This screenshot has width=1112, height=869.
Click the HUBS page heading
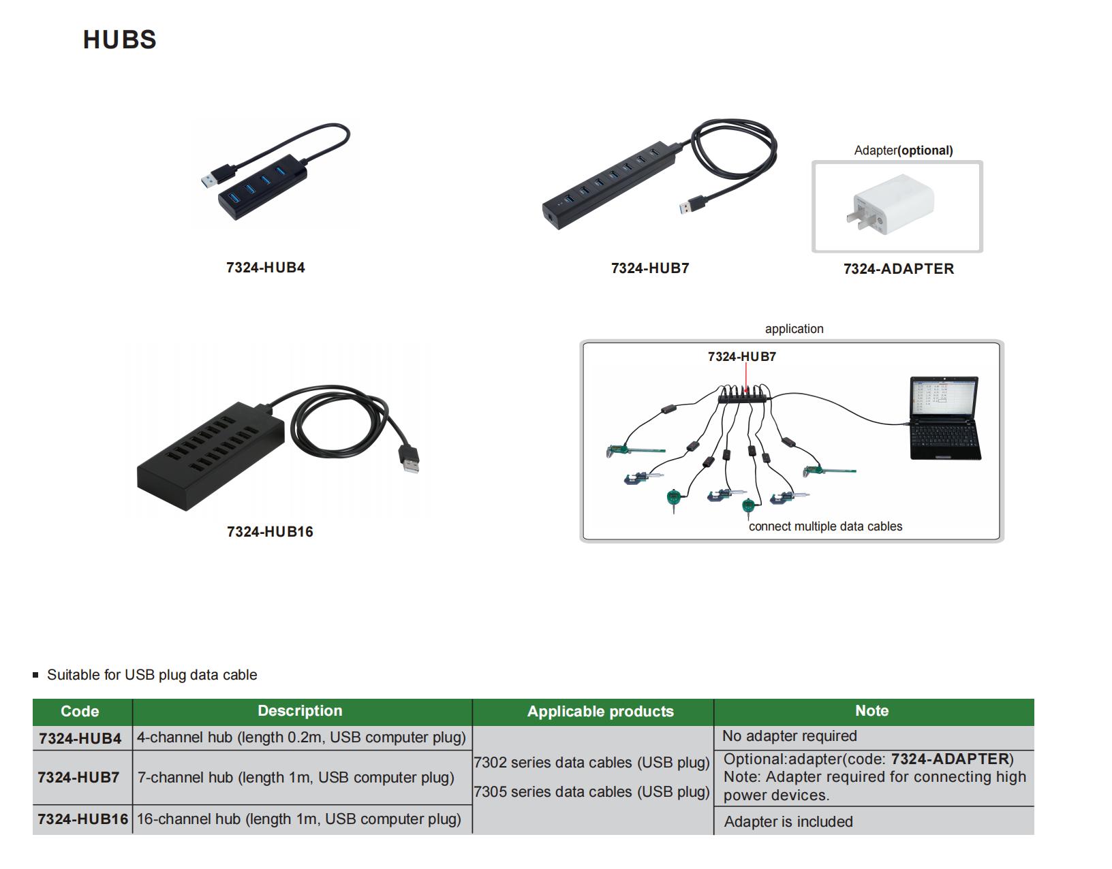[120, 39]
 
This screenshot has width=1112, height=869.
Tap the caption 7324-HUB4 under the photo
[265, 268]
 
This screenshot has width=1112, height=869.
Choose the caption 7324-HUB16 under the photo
[270, 532]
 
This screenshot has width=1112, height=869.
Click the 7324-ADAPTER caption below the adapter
[898, 269]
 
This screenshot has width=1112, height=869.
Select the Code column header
[80, 711]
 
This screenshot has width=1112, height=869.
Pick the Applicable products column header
[600, 711]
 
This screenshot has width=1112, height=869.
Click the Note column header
[871, 710]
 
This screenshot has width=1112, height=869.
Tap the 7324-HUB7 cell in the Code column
[79, 777]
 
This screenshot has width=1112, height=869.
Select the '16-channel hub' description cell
[298, 819]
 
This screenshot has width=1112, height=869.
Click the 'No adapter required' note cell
[789, 736]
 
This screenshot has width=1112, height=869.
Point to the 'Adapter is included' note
[788, 821]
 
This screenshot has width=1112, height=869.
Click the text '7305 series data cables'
[591, 792]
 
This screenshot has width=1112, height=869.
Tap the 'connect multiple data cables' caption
[824, 526]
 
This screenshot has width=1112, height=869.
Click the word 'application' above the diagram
[794, 329]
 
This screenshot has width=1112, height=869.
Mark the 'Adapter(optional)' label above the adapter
[903, 151]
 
